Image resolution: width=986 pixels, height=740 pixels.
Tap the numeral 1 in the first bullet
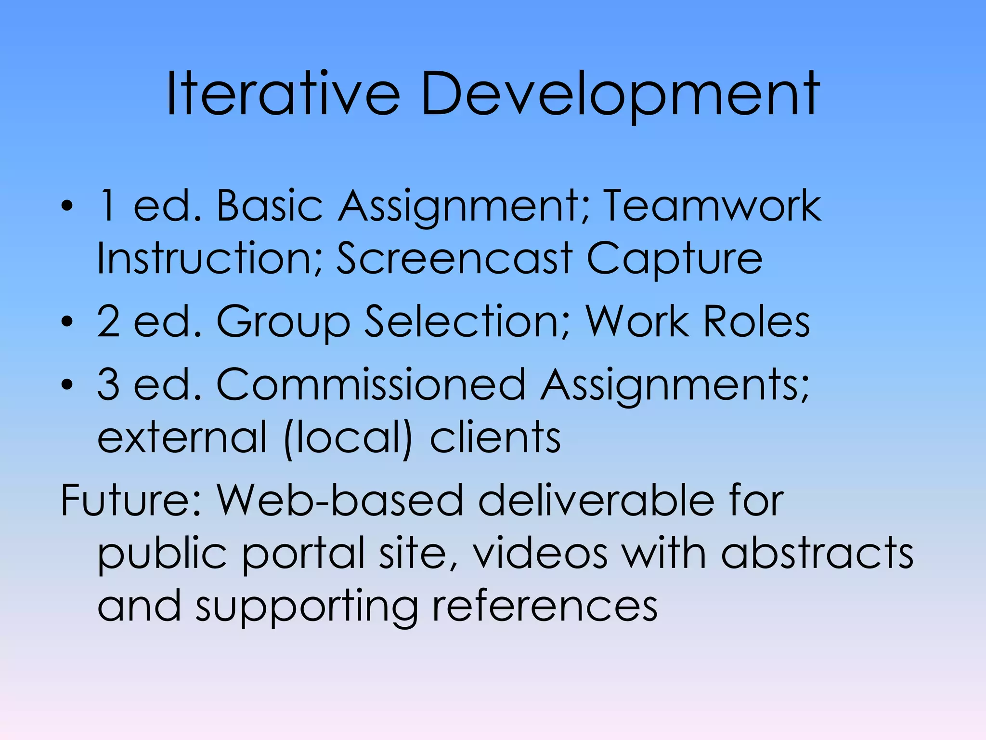[107, 206]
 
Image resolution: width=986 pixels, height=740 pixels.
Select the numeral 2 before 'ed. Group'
[108, 321]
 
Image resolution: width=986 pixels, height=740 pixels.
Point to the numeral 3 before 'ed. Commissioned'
[108, 384]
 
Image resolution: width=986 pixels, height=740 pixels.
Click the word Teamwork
[712, 206]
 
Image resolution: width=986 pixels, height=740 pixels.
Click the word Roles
[756, 321]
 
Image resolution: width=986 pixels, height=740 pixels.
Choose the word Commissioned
[371, 384]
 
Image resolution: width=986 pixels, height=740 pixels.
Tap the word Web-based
[339, 500]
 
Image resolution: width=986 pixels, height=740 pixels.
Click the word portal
[303, 554]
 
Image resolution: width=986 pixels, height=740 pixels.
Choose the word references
[545, 606]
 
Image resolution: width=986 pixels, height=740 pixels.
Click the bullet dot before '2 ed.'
[67, 321]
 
